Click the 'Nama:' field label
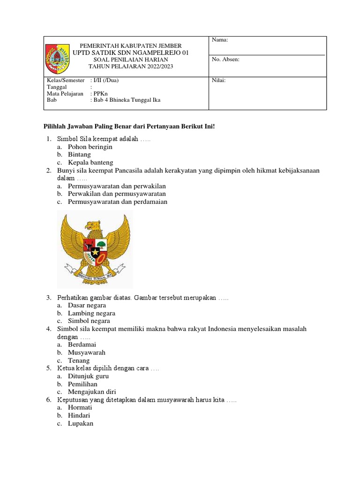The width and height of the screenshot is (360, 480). coord(220,40)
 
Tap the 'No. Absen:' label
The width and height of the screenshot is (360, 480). coord(225,60)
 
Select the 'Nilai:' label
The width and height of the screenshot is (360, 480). coord(219,81)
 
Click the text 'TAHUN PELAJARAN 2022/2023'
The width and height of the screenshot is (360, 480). coord(131,67)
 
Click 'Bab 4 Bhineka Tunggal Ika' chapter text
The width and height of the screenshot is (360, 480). coord(127,100)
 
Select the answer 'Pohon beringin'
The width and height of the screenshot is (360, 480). coord(90,147)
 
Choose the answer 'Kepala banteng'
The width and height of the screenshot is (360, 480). coord(90,163)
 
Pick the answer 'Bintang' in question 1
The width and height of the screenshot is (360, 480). coord(79,155)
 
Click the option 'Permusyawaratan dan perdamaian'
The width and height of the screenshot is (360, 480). coord(117,202)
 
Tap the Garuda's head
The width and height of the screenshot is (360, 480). coord(96,226)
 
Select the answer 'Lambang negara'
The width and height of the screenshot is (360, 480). coord(91,313)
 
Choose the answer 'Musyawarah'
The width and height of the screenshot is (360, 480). coord(87,352)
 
